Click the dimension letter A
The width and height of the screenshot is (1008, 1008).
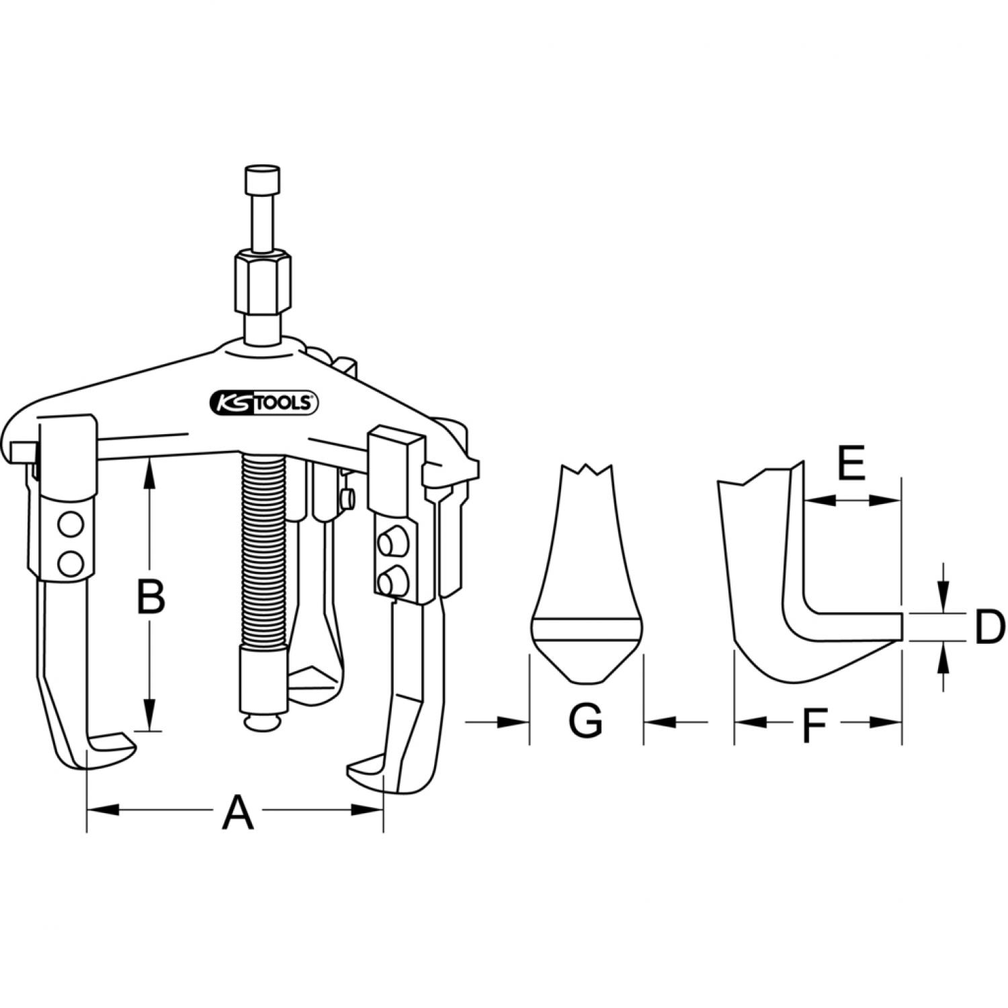click(238, 811)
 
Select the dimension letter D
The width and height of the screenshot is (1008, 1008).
click(990, 627)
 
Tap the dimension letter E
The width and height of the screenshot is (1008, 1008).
click(852, 463)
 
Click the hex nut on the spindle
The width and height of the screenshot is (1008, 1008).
click(263, 281)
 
